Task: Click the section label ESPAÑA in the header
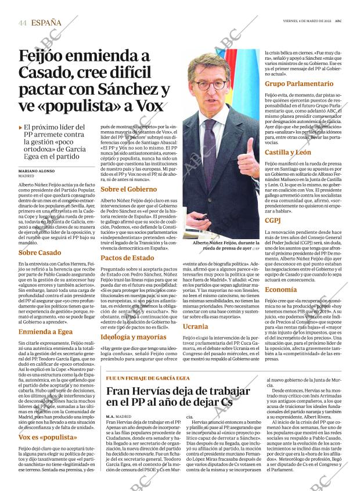(46, 23)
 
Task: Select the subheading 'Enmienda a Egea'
(46, 332)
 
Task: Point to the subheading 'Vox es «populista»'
(48, 436)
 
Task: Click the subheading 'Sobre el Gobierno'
(129, 189)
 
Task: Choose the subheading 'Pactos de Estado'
(127, 258)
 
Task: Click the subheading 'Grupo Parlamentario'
(299, 84)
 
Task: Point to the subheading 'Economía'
(281, 290)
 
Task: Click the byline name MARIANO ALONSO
(38, 172)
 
